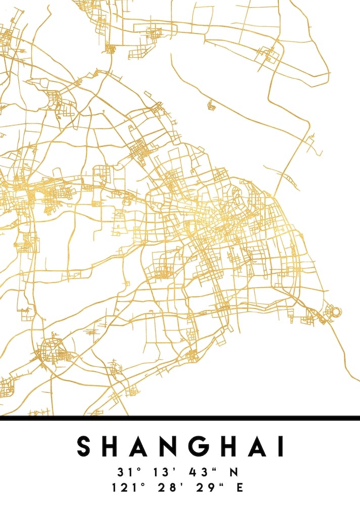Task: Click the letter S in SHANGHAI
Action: tap(85, 446)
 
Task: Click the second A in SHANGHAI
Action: tap(255, 446)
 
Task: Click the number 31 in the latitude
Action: tap(124, 473)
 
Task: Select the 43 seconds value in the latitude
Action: tap(198, 473)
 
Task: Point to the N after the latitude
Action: tap(234, 473)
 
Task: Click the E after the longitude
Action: tap(240, 488)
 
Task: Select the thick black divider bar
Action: tap(180, 418)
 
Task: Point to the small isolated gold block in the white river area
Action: tap(211, 105)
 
